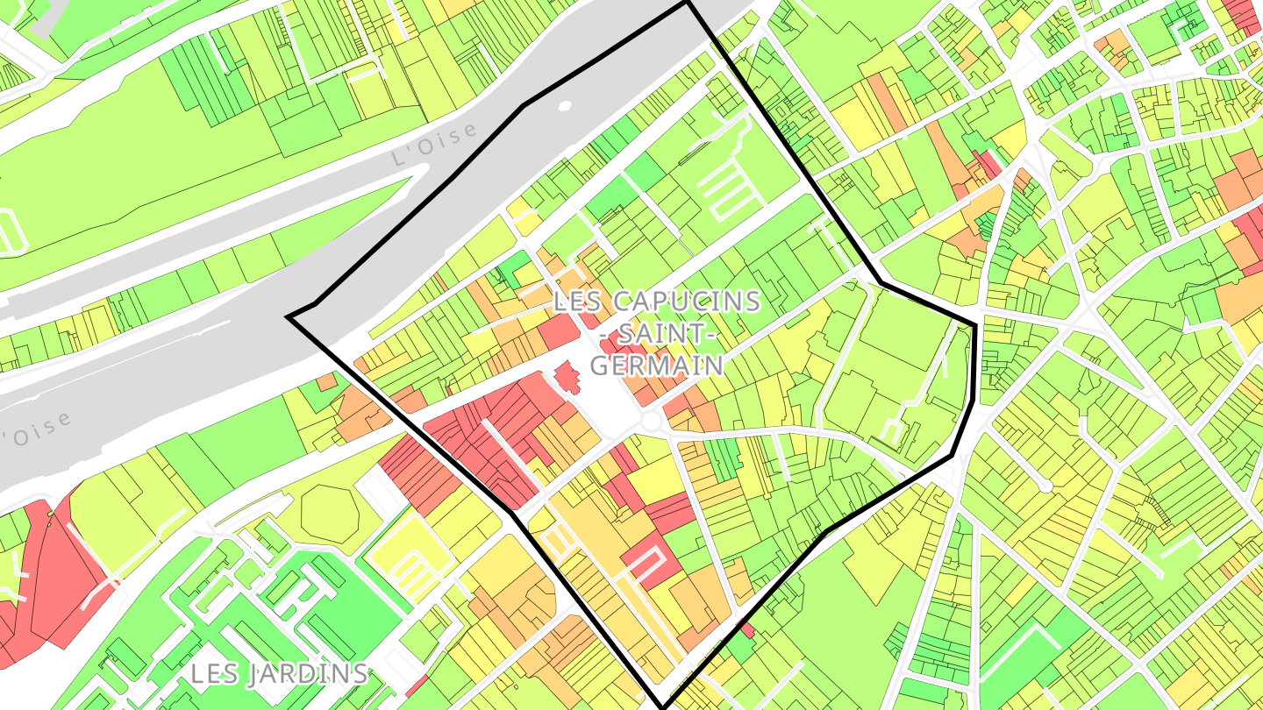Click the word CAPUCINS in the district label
687,302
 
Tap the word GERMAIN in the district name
658,365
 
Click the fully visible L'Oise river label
436,145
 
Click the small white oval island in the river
564,106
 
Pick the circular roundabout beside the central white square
651,422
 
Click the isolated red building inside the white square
567,380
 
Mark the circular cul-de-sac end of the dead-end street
1045,485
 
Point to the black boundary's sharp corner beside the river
289,316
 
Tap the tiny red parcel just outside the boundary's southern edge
747,628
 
